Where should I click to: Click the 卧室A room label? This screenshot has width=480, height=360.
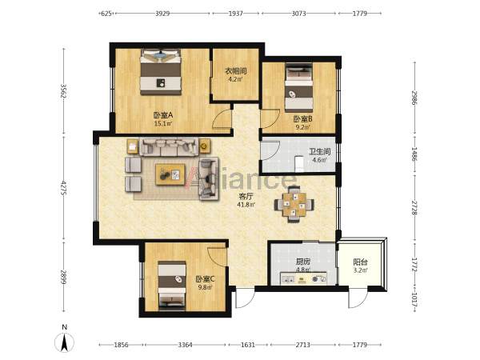click(x=163, y=115)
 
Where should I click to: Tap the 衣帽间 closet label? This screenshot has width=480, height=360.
click(x=236, y=71)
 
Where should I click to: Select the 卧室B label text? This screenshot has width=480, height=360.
click(x=302, y=118)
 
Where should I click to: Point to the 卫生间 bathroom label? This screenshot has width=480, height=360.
click(x=319, y=151)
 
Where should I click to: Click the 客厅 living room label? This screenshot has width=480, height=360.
click(x=246, y=196)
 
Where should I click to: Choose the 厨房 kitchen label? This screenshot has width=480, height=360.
click(x=302, y=262)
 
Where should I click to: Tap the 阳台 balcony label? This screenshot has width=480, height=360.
click(x=360, y=262)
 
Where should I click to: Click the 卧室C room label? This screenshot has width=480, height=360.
click(x=205, y=279)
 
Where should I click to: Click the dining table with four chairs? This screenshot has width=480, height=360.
click(x=294, y=204)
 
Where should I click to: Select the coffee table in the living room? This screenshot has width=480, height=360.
click(x=170, y=174)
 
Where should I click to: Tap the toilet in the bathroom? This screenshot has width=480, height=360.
click(x=298, y=163)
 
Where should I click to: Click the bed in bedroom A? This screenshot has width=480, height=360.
click(x=161, y=72)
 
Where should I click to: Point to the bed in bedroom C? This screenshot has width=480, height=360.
click(x=172, y=286)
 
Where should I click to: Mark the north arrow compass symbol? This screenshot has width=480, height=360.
click(x=64, y=342)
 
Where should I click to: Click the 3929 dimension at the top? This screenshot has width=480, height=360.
click(x=162, y=14)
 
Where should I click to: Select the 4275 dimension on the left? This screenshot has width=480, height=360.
click(x=64, y=188)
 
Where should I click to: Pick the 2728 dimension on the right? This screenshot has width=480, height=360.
click(x=414, y=208)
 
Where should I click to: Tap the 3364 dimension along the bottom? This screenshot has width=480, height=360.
click(x=186, y=345)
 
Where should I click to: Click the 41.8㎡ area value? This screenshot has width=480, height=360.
click(x=246, y=205)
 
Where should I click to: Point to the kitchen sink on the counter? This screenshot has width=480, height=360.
click(x=288, y=279)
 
